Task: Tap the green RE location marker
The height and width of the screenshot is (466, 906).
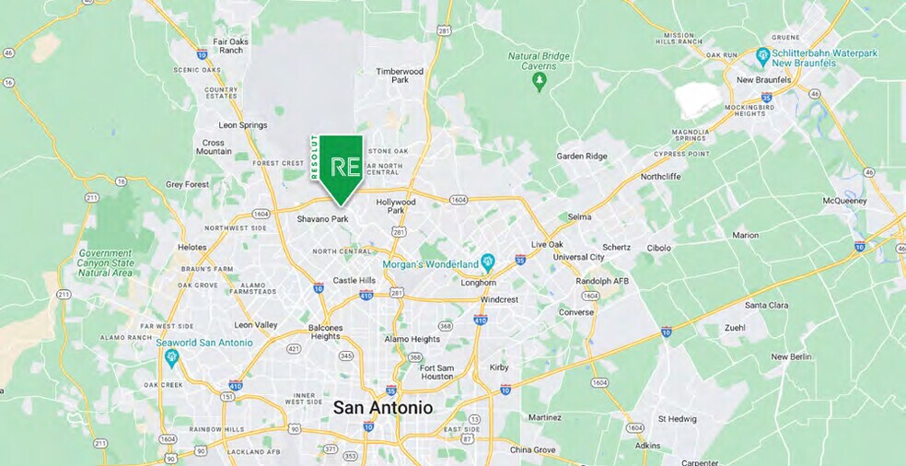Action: tap(339, 168)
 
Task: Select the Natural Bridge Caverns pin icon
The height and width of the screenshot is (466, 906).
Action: tap(540, 81)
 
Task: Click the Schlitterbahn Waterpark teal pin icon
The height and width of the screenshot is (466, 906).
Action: tap(762, 57)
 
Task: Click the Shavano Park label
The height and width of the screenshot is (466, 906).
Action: tap(322, 219)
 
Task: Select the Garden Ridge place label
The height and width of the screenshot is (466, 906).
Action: tap(582, 157)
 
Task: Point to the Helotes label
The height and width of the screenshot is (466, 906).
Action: tap(192, 247)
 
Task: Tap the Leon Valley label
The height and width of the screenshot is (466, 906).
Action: tap(256, 325)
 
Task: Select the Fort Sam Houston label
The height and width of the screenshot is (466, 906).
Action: tap(437, 371)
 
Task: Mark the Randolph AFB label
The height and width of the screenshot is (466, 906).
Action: tap(602, 281)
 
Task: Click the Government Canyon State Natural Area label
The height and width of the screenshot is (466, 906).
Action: tap(106, 262)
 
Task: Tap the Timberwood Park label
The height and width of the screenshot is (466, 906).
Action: tap(400, 76)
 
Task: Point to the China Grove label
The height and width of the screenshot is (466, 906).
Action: tap(533, 450)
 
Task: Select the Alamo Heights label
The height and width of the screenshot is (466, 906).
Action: tap(412, 339)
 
